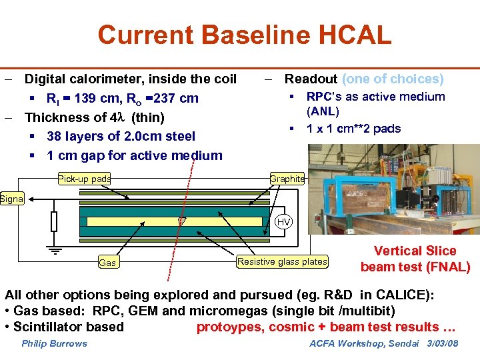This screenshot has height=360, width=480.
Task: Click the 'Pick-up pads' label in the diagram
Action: [84, 179]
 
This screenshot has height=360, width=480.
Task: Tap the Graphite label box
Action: [287, 179]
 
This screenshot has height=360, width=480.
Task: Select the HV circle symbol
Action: [284, 222]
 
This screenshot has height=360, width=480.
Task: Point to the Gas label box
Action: [107, 263]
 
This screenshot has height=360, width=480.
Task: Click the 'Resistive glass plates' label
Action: [283, 261]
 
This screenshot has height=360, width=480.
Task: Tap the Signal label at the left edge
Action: [11, 198]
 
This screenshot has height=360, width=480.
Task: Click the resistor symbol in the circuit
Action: [54, 221]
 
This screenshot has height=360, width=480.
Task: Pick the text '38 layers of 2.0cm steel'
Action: [121, 137]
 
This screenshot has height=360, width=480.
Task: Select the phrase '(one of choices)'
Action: [393, 79]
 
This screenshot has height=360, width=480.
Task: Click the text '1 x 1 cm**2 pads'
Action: [353, 128]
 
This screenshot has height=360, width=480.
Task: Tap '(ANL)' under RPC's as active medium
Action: [323, 111]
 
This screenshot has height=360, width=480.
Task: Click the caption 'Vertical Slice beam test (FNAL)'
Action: [415, 259]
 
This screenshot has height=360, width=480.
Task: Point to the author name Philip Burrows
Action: [54, 343]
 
